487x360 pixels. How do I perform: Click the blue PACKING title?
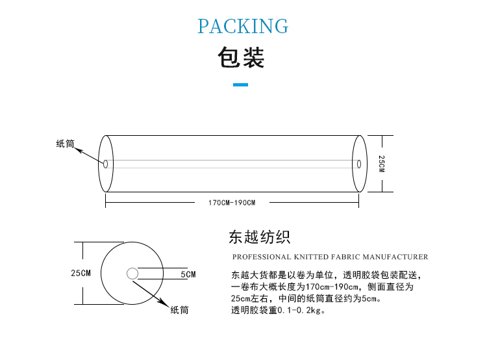(x=243, y=26)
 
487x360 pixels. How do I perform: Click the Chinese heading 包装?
(x=241, y=57)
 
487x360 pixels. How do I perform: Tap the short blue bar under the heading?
(x=241, y=84)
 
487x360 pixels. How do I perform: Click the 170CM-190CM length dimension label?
(x=232, y=203)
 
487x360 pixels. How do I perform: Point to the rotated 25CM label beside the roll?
(x=382, y=164)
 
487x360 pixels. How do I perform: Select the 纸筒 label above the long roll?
(x=65, y=144)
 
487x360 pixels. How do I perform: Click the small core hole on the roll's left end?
(x=106, y=164)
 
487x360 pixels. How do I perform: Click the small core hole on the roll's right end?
(x=359, y=164)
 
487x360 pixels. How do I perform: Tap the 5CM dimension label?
(x=188, y=274)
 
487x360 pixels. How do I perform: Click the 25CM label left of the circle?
(x=81, y=273)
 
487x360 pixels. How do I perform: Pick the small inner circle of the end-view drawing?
(x=132, y=274)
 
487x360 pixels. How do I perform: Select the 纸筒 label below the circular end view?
(x=179, y=310)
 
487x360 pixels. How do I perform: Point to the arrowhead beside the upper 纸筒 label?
(x=79, y=150)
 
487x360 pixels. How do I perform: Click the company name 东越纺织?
(x=259, y=237)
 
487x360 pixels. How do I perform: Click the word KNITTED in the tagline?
(x=311, y=257)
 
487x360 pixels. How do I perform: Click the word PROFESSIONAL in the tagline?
(x=262, y=257)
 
